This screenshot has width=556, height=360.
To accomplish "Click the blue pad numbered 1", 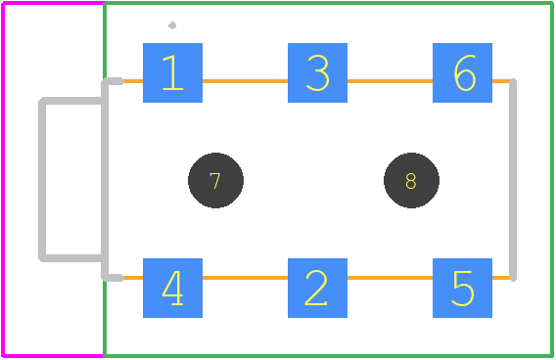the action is [172, 73].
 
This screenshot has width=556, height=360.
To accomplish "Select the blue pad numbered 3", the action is [317, 73].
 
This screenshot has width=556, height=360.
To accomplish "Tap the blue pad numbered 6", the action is [462, 73].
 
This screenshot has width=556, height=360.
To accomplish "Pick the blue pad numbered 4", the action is [172, 288].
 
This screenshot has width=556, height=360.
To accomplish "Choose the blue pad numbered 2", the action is [317, 288].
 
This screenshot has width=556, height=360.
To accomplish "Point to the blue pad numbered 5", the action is [462, 288].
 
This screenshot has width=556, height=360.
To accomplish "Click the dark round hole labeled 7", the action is [215, 180].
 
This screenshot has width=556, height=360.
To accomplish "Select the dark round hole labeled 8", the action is [411, 180].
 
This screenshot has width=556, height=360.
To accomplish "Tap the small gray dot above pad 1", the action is [172, 25].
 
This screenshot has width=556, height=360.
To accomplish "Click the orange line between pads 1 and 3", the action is [245, 81].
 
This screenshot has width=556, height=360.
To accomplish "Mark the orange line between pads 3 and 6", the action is [390, 81].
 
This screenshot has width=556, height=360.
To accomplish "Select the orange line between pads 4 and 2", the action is [245, 278].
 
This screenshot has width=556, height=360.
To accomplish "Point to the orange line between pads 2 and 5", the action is [390, 278].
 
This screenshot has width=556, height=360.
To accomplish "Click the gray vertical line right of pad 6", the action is [513, 180].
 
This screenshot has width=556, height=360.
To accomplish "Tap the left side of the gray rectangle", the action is [42, 180].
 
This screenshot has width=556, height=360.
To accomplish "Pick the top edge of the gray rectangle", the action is [71, 101].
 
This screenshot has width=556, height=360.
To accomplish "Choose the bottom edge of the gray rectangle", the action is [71, 258].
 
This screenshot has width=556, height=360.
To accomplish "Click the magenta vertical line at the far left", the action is [3, 179].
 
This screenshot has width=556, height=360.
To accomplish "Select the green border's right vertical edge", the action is [552, 179].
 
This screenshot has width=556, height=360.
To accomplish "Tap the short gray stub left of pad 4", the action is [114, 278].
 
